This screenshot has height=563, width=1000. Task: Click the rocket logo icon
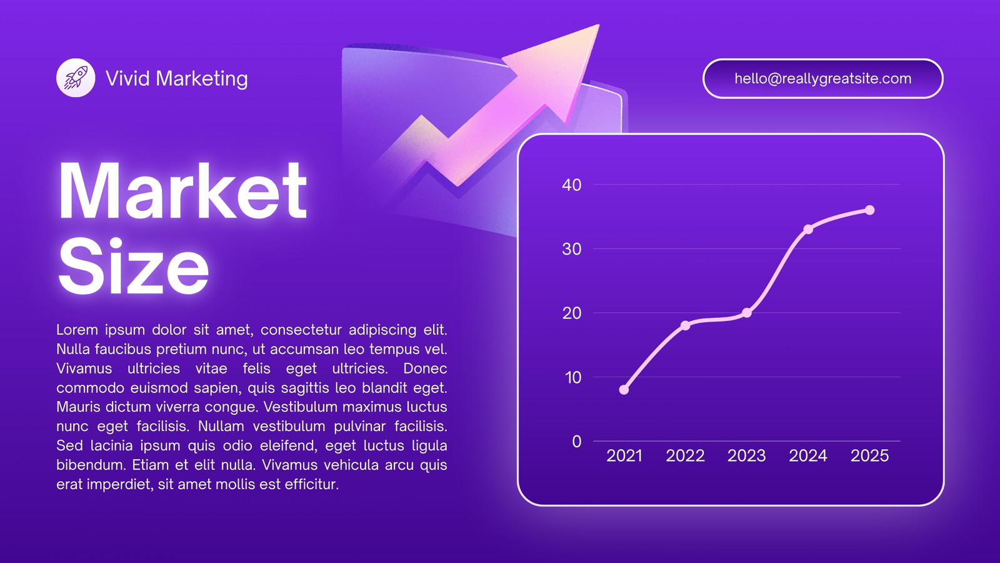point(76,78)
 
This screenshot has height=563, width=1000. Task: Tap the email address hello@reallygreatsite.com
point(822,79)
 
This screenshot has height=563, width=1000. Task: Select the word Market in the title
point(182,191)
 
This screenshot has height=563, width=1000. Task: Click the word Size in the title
point(134,266)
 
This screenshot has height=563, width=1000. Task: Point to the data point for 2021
point(624,390)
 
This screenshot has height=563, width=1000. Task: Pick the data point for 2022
point(685,325)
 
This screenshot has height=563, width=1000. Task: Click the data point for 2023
point(747,313)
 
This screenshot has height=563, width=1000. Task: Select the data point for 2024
point(808,229)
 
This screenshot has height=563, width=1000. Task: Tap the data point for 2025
point(869,210)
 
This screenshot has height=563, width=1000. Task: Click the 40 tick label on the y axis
point(572,185)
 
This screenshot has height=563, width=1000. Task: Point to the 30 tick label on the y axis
point(572,249)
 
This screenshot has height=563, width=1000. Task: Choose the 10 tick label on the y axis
point(572,378)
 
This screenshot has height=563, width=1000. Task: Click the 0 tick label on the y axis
point(577,442)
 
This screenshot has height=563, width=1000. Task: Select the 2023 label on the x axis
point(747,455)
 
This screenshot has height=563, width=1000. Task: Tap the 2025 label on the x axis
point(869,455)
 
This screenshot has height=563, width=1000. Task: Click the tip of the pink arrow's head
point(599,25)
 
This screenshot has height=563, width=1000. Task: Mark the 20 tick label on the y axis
point(572,313)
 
